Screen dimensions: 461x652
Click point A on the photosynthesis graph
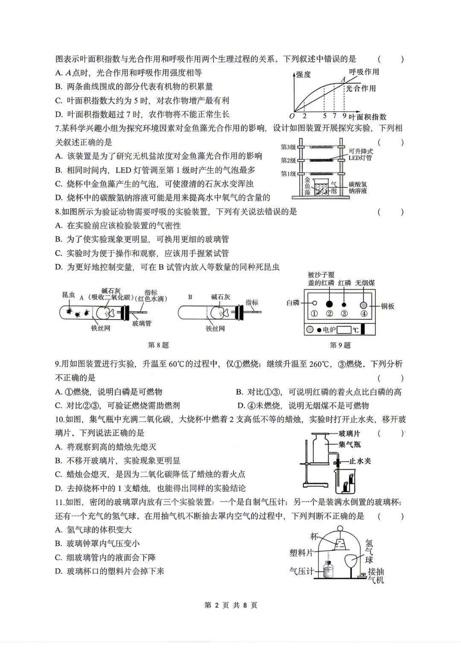(343, 79)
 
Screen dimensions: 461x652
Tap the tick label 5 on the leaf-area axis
(325, 116)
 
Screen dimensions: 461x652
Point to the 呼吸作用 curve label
(364, 72)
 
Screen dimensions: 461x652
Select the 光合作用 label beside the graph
(361, 88)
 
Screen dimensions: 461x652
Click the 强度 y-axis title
(303, 74)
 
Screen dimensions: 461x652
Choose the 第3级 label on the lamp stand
(288, 147)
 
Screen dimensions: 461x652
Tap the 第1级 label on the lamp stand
(288, 173)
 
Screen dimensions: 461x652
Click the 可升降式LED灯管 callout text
(361, 155)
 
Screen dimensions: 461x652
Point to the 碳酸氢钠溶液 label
(358, 188)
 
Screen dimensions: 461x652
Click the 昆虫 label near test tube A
(68, 295)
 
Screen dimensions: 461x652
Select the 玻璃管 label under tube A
(142, 323)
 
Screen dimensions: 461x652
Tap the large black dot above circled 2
(329, 304)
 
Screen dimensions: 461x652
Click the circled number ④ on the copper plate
(363, 314)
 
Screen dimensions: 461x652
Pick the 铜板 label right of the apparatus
(388, 306)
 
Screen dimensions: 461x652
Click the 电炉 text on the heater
(329, 330)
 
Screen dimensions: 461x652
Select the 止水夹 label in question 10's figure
(360, 461)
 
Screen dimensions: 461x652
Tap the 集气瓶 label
(350, 444)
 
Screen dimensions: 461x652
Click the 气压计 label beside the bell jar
(301, 571)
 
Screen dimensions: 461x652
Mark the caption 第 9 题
(340, 345)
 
